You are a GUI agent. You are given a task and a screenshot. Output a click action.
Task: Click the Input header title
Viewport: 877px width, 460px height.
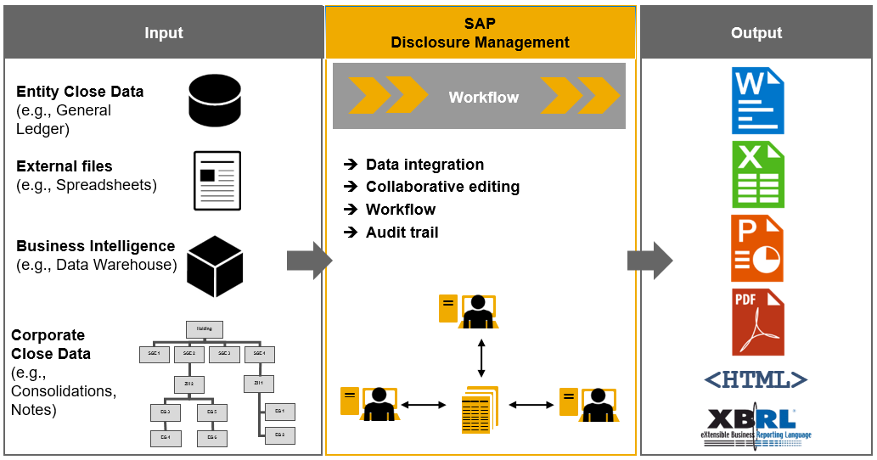(x=163, y=33)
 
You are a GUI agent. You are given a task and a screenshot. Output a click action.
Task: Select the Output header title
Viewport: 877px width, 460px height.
(x=756, y=33)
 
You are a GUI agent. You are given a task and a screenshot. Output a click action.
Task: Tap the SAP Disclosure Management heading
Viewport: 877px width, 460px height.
(x=480, y=33)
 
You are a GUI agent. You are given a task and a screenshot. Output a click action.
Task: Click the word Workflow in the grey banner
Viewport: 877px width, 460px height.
(x=483, y=98)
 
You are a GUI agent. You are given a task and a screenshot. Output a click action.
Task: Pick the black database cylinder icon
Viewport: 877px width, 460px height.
(x=214, y=101)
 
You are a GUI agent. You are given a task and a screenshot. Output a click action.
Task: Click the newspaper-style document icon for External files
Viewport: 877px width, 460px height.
(x=217, y=181)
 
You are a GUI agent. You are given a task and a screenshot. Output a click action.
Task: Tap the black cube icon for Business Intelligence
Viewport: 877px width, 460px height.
(x=215, y=266)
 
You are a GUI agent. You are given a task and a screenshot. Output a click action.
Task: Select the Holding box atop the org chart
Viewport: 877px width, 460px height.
(x=205, y=329)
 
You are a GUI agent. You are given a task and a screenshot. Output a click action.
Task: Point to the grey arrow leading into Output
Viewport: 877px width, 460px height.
(x=649, y=261)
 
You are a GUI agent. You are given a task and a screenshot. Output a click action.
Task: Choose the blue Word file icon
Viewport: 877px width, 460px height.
(x=757, y=101)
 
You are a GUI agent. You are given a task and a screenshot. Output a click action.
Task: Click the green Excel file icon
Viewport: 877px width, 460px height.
(x=757, y=175)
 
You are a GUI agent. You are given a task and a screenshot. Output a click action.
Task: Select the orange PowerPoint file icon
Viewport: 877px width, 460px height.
(x=757, y=248)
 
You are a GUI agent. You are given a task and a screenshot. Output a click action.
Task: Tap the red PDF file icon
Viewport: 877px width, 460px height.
(x=757, y=322)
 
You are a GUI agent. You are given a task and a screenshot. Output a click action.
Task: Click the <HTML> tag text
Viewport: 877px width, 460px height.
(x=756, y=379)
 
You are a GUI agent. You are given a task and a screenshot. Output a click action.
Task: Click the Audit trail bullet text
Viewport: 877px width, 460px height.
(x=402, y=233)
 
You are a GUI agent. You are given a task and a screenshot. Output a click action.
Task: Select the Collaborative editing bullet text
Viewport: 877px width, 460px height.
(x=442, y=187)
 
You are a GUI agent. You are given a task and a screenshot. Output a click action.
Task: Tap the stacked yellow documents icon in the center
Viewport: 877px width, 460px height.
(x=480, y=410)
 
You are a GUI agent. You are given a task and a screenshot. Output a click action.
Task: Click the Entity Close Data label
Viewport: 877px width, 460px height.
(x=80, y=92)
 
